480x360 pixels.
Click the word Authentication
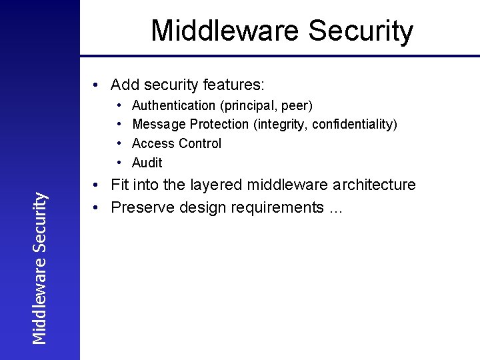(173, 105)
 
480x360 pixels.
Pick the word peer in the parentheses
(298, 105)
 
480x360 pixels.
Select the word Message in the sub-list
(159, 125)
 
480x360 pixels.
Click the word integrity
(273, 125)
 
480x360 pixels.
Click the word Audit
(147, 163)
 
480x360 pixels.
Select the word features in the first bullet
(237, 85)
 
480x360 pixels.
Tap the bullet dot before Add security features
(97, 85)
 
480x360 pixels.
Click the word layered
(215, 185)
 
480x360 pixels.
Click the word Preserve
(138, 207)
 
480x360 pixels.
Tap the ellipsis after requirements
(335, 209)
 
